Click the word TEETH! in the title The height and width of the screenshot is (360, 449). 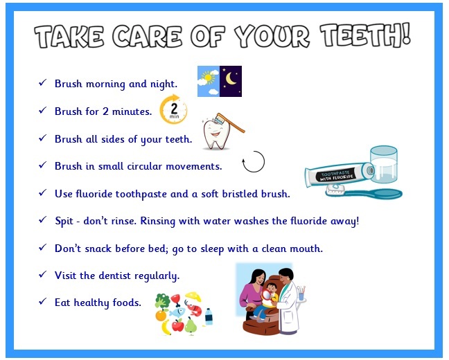pyautogui.click(x=365, y=35)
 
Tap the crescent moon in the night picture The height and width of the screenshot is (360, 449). pyautogui.click(x=230, y=79)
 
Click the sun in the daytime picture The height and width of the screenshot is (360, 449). pyautogui.click(x=208, y=78)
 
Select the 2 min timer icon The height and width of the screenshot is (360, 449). pyautogui.click(x=173, y=110)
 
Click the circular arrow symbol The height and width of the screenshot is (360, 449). pyautogui.click(x=254, y=162)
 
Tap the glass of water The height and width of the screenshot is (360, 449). pyautogui.click(x=384, y=165)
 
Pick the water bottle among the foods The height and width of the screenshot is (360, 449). pyautogui.click(x=209, y=316)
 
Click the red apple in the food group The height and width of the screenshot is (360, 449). pyautogui.click(x=178, y=325)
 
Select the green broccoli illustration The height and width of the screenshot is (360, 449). pyautogui.click(x=162, y=300)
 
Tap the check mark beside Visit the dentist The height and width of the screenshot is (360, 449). pyautogui.click(x=43, y=274)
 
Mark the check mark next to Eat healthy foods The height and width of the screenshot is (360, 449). pyautogui.click(x=43, y=301)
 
